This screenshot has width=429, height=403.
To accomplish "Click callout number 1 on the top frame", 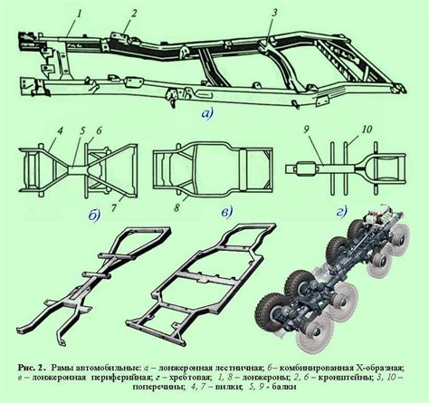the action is click(81, 14).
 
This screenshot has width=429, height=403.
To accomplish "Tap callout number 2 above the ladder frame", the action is click(134, 14).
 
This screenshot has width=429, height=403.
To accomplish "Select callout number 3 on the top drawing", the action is click(274, 14).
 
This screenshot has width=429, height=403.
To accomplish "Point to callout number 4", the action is click(60, 132).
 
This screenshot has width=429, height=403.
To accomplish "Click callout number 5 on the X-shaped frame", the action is click(82, 132).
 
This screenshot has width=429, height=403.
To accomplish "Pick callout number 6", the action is click(99, 131).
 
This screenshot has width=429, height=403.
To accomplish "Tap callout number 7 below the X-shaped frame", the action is click(114, 207).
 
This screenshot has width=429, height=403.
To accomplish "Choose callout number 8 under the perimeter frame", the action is click(177, 208).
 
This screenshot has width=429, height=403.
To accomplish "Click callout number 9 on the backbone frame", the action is click(306, 130).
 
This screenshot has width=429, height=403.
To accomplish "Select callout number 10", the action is click(367, 130).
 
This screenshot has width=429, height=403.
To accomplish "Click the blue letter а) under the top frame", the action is click(207, 113).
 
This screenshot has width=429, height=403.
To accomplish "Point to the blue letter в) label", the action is click(227, 212).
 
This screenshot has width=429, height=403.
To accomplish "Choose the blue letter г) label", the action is click(342, 212).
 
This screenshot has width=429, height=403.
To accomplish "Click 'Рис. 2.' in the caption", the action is click(32, 368).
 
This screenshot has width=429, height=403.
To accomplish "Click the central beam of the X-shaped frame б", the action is click(78, 169).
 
